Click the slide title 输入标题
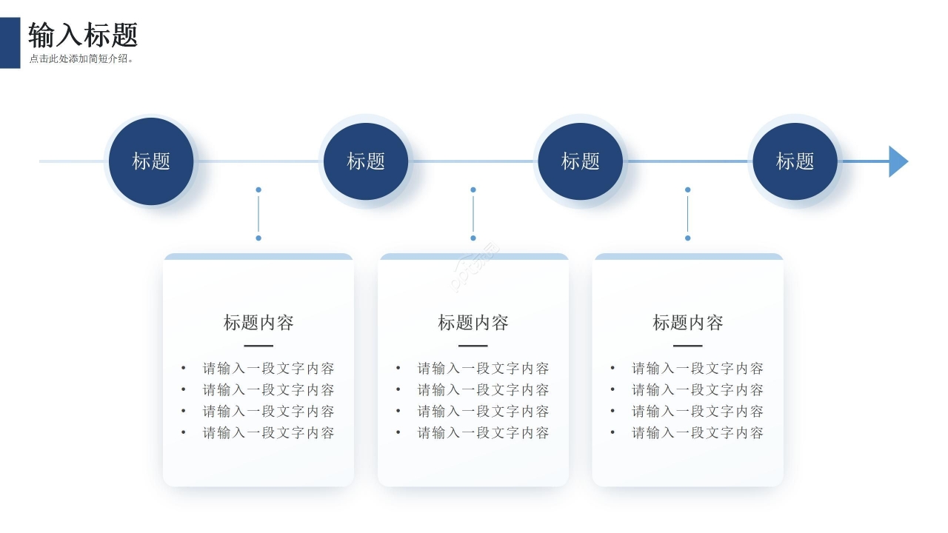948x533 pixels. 83,36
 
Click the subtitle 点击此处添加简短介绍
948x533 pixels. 81,59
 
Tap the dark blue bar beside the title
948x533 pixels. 10,43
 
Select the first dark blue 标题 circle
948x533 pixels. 151,161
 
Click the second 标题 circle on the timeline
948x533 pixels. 366,161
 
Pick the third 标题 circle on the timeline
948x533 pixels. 581,161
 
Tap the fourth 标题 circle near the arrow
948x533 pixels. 795,161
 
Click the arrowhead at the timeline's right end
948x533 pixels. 898,161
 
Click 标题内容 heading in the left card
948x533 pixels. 258,323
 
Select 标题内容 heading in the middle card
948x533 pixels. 473,323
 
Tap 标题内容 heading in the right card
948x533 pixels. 687,323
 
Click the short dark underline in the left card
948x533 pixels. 258,346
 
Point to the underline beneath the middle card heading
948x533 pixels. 473,346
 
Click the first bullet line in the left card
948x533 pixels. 268,369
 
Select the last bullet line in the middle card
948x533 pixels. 483,433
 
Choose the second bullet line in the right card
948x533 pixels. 697,390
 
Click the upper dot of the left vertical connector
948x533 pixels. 258,190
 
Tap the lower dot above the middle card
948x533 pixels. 473,238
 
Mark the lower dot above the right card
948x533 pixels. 687,238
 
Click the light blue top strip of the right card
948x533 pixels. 687,257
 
